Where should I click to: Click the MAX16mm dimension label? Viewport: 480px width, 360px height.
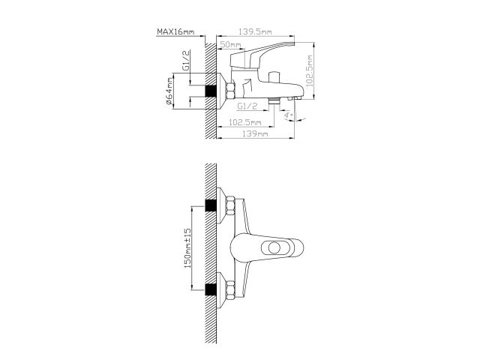click(x=175, y=31)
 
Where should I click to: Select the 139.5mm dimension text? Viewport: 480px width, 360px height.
click(x=255, y=31)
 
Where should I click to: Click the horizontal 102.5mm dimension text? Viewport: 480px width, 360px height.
click(x=244, y=122)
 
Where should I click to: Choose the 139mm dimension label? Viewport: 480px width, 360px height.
click(x=256, y=133)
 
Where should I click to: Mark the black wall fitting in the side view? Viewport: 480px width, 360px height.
click(x=213, y=90)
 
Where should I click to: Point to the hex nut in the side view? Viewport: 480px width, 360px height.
click(x=230, y=90)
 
